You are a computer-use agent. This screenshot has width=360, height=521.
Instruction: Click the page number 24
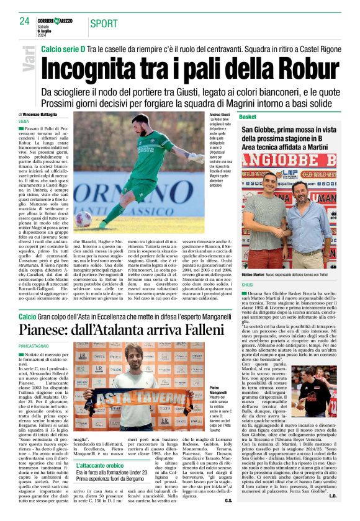(x=25, y=21)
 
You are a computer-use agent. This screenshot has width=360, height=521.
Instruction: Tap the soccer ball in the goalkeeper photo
(x=84, y=218)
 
